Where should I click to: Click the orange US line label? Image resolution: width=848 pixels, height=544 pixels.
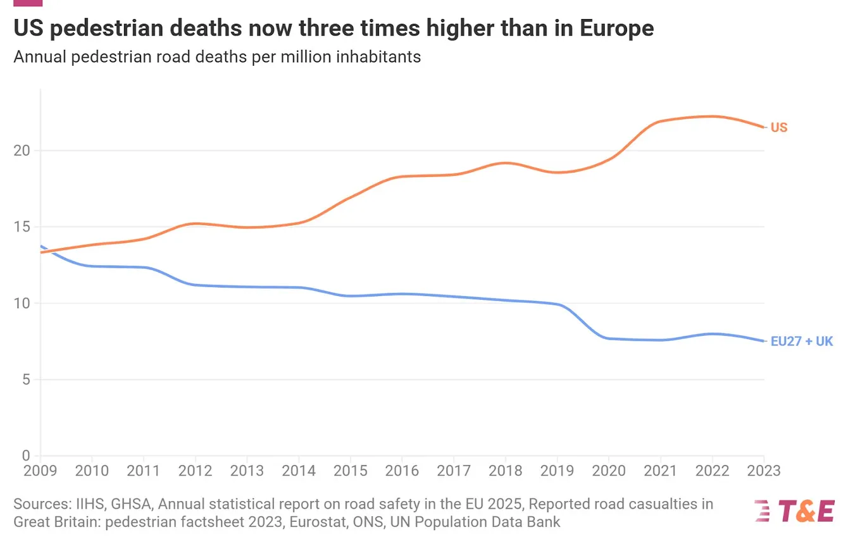(x=779, y=128)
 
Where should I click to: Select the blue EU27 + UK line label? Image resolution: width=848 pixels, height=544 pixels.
(x=802, y=342)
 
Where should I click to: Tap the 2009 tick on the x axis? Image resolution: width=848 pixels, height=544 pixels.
(x=40, y=471)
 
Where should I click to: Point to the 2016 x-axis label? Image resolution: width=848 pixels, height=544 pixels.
(x=402, y=471)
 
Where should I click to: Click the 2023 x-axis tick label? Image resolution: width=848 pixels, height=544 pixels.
(x=763, y=471)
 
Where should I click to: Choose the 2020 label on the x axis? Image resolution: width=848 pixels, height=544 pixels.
(x=608, y=471)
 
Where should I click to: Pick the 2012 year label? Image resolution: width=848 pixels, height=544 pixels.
(x=195, y=471)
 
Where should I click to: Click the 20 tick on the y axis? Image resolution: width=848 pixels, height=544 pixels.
(x=23, y=151)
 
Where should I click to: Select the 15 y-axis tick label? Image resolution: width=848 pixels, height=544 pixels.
(x=23, y=227)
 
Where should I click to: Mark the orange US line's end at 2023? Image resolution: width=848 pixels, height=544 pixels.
(x=763, y=127)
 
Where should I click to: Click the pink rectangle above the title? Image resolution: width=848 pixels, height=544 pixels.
(x=27, y=3)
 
